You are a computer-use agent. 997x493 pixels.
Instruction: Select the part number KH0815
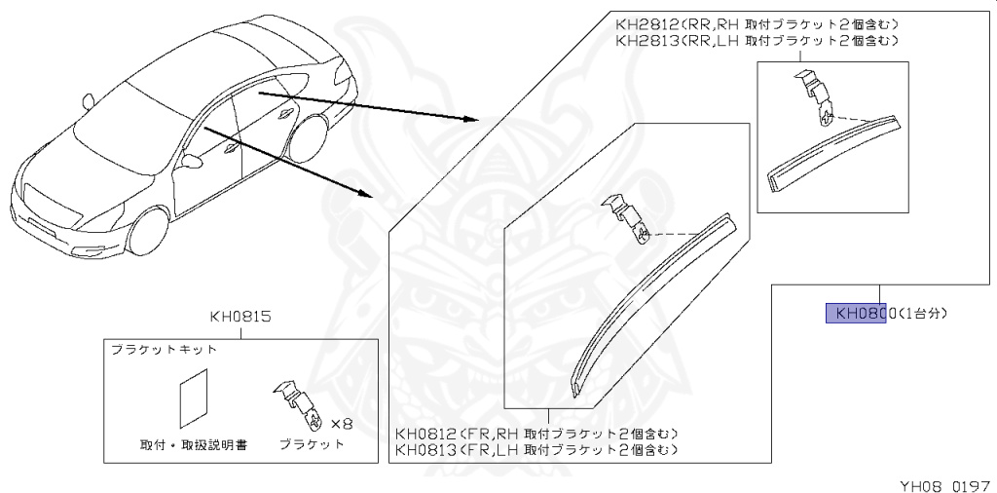(240, 318)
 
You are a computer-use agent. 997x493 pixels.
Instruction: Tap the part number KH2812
(647, 24)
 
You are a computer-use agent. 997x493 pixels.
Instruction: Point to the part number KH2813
(647, 41)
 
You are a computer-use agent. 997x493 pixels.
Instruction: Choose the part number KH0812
(428, 434)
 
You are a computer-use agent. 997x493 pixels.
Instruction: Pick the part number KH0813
(428, 449)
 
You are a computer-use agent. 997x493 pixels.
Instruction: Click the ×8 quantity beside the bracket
(340, 424)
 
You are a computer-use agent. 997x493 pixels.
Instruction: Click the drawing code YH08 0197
(942, 480)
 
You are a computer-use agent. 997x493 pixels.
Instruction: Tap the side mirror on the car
(89, 100)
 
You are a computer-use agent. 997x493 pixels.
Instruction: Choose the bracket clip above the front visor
(628, 219)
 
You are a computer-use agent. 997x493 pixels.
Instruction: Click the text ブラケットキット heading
(164, 348)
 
